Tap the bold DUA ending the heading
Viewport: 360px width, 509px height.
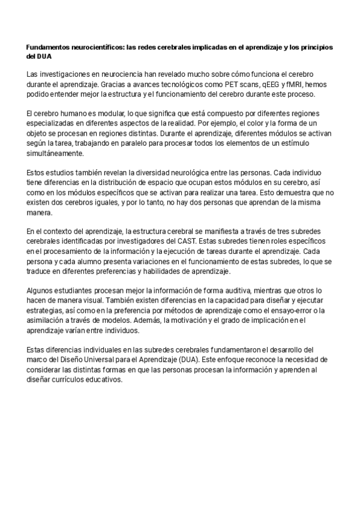(x=44, y=56)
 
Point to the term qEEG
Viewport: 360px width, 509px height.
(x=262, y=85)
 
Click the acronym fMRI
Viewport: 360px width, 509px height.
(x=293, y=85)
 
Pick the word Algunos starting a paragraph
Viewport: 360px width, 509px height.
(x=41, y=291)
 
